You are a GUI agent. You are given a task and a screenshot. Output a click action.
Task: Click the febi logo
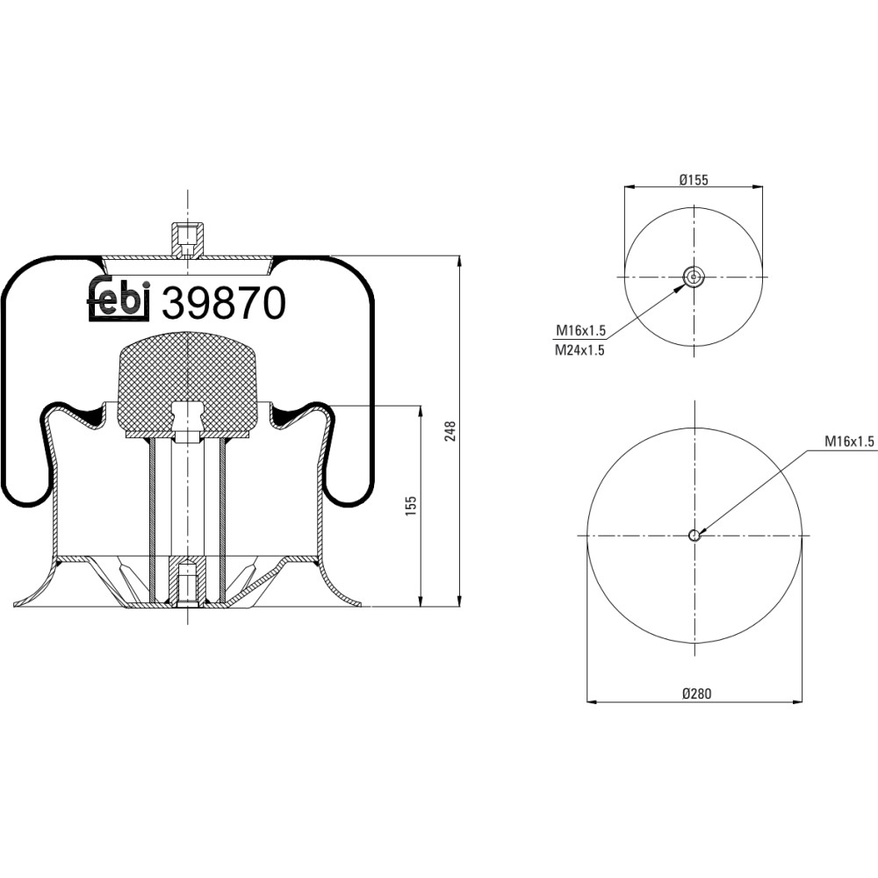click(x=119, y=299)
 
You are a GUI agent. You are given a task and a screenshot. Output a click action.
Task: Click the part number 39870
click(x=224, y=303)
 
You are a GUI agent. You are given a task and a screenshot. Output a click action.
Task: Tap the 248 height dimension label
click(x=450, y=431)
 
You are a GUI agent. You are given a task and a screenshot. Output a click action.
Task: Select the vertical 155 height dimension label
click(x=411, y=506)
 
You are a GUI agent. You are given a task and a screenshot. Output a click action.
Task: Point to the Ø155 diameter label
click(x=694, y=180)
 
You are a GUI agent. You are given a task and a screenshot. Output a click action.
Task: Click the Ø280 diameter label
click(x=696, y=694)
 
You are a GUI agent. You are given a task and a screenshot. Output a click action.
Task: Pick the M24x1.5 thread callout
click(x=579, y=350)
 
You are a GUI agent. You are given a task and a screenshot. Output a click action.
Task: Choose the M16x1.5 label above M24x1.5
click(x=580, y=330)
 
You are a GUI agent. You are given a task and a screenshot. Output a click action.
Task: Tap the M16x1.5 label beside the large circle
click(x=849, y=442)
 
